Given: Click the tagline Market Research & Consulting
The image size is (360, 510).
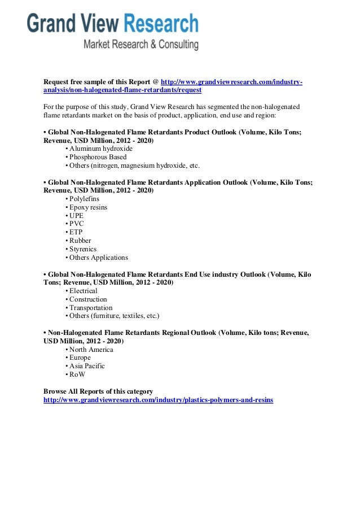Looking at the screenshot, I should click(141, 44).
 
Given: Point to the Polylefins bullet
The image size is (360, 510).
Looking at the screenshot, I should click(84, 199).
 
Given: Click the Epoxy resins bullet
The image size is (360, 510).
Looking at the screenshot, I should click(88, 207).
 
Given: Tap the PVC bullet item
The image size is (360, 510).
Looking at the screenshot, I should click(76, 224).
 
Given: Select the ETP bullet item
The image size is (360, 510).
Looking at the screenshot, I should click(76, 232).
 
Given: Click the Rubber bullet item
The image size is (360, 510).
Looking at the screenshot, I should click(80, 241).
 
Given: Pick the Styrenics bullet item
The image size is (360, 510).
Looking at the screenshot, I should click(82, 249).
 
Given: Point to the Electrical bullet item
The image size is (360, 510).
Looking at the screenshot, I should click(83, 291).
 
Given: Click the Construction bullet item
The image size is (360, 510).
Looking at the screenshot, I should click(87, 299).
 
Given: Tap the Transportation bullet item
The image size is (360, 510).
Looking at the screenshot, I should click(91, 308).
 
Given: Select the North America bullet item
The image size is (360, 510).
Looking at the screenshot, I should click(91, 350).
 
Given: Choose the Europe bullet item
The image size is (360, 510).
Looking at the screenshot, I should click(80, 358).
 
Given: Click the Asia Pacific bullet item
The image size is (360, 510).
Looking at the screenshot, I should click(87, 366).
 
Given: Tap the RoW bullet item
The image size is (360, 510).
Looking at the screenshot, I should click(77, 374).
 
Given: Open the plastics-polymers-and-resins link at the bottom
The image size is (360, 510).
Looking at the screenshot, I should click(158, 400).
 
